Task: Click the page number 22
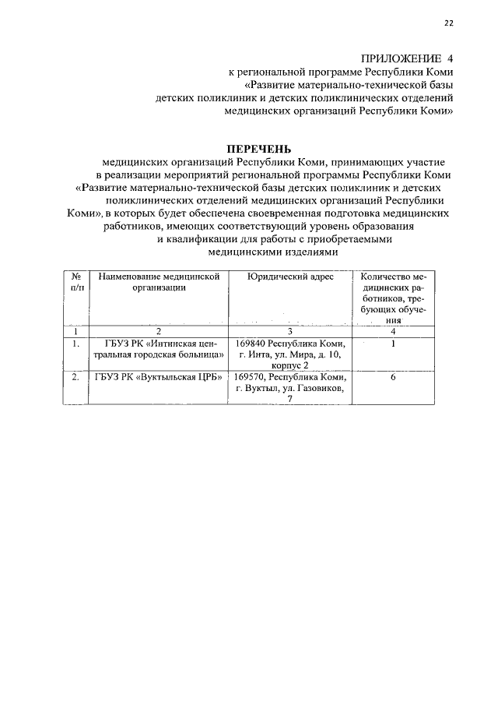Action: coord(448,23)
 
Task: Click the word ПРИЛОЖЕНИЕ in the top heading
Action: coord(401,58)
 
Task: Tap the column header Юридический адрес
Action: coord(289,277)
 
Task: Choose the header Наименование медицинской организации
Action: coord(159,282)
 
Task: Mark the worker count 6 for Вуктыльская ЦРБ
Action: coord(394,377)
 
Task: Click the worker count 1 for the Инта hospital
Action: coord(394,343)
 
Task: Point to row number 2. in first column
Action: coord(75,377)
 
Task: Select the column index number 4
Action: coord(394,331)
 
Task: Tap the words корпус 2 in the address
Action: coord(289,365)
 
